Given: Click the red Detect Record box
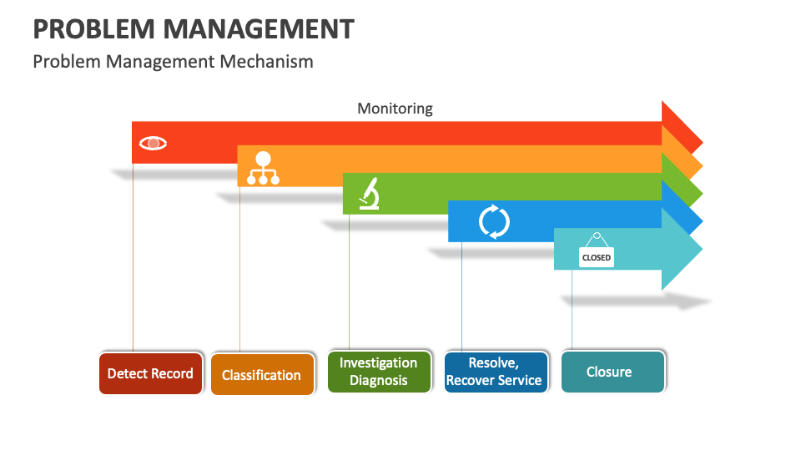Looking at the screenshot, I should (150, 373).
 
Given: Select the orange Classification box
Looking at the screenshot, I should (262, 375).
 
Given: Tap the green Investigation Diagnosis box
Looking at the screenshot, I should (379, 372).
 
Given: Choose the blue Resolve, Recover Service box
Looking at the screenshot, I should (496, 372).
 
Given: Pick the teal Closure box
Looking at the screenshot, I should (612, 372).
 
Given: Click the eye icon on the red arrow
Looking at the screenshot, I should (153, 144).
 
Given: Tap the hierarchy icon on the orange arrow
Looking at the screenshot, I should (263, 168).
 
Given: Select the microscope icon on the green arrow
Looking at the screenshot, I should (370, 194).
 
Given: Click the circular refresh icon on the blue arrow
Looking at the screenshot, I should (494, 221).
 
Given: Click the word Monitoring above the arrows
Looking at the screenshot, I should (395, 109).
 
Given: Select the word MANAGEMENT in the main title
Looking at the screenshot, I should (259, 29).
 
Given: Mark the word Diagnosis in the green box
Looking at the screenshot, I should (379, 381).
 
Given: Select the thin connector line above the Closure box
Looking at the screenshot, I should (572, 309).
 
